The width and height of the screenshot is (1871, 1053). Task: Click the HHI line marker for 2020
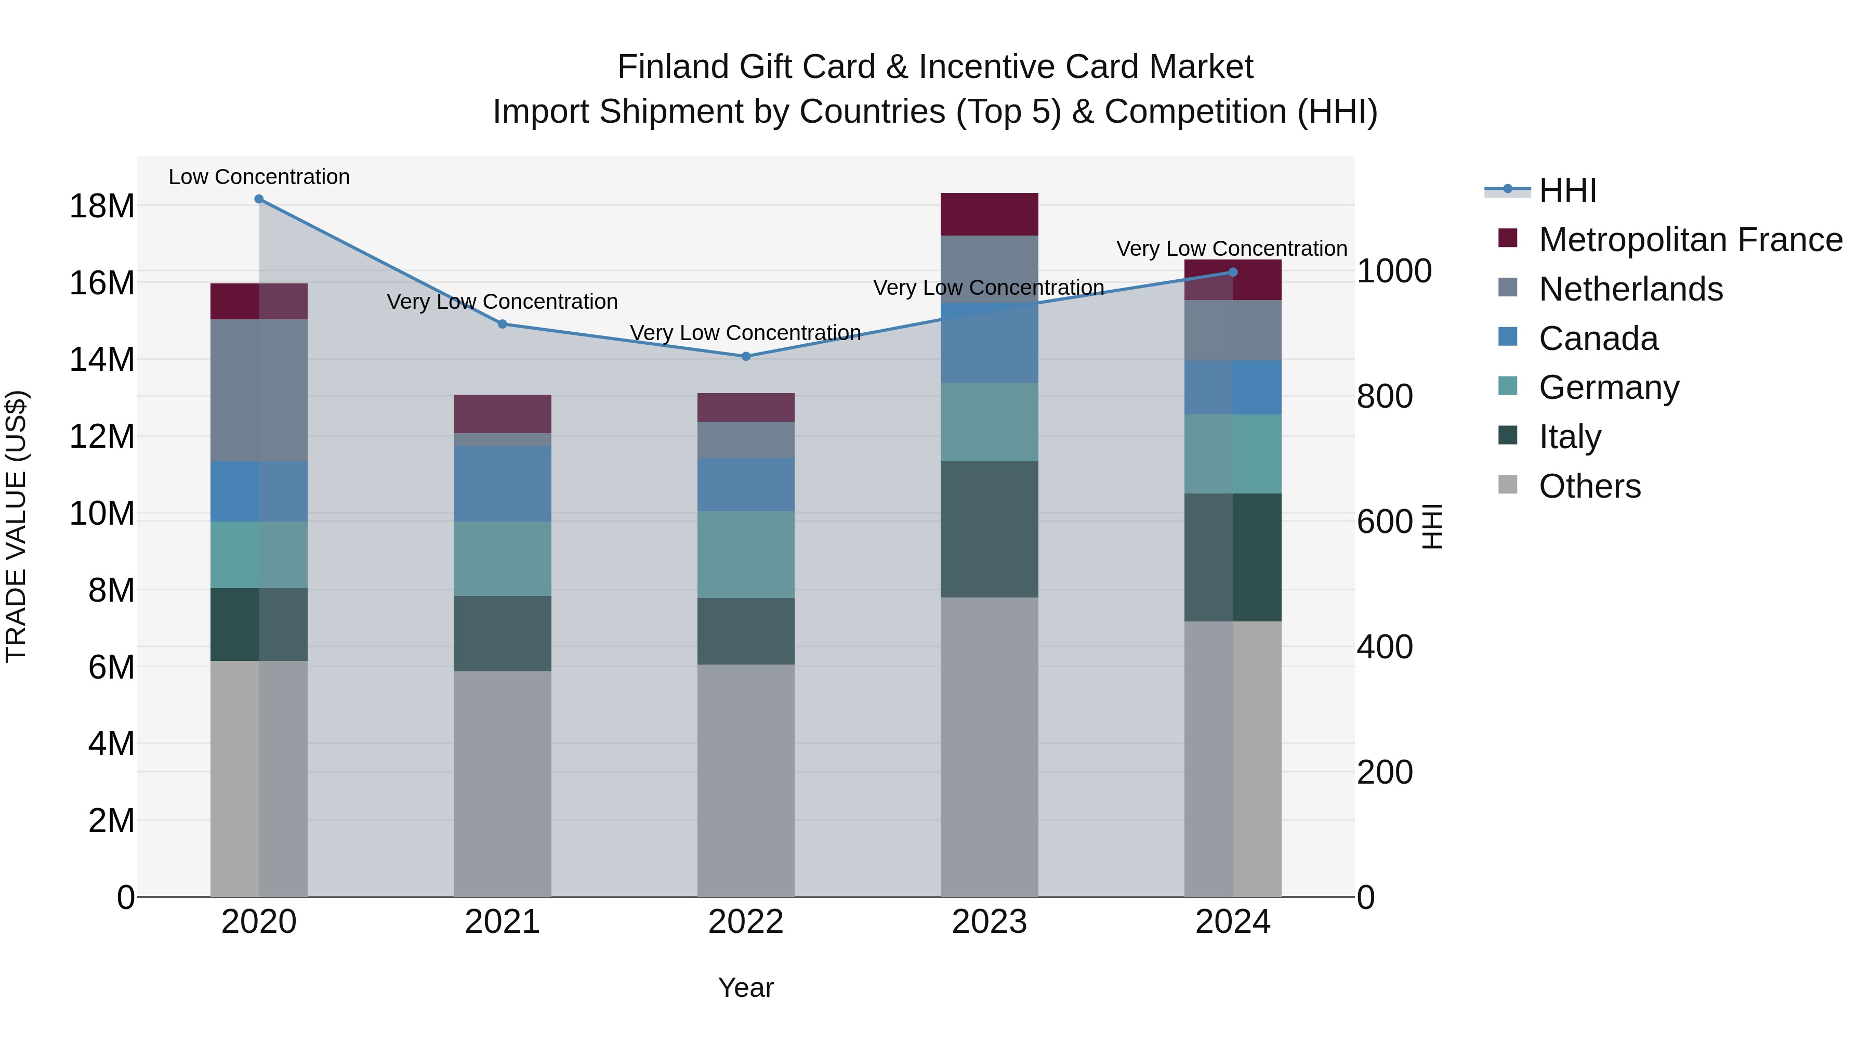(259, 199)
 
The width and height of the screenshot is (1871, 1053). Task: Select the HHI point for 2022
(745, 356)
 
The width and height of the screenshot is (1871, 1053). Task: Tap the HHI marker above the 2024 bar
(1233, 272)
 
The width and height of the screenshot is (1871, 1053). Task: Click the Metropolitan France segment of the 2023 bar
(989, 214)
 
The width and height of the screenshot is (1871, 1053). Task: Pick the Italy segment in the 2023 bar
(989, 529)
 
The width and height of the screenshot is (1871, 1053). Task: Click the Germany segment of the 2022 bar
(745, 554)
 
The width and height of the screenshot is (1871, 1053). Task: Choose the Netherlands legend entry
(1630, 289)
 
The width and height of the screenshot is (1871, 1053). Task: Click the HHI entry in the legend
(1567, 190)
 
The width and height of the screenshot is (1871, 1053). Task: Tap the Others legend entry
(1589, 486)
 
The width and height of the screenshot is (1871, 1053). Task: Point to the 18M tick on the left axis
(102, 206)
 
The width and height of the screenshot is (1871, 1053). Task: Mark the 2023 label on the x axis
(989, 922)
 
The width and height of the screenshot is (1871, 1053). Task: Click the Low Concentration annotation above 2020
(259, 177)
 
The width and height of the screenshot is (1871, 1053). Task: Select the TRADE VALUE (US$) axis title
(16, 526)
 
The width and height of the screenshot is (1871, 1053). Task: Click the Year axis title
(745, 987)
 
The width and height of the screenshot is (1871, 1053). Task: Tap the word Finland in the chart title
(673, 67)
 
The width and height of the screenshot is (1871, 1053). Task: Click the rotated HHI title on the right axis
(1431, 526)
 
